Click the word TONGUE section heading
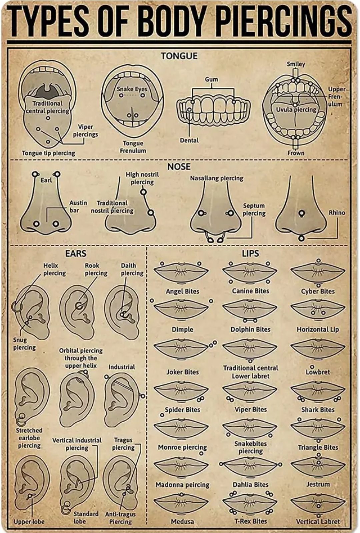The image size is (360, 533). click(x=179, y=56)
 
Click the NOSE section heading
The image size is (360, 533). click(x=179, y=166)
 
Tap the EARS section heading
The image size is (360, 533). click(x=76, y=253)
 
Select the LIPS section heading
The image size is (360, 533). click(x=250, y=253)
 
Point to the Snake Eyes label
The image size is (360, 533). click(x=132, y=89)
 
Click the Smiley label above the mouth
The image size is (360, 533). click(x=296, y=64)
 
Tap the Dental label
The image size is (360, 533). click(x=189, y=140)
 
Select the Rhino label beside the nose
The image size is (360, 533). click(x=337, y=212)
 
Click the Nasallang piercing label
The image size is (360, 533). click(x=217, y=178)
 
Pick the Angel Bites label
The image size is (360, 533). click(x=182, y=291)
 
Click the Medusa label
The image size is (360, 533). click(x=182, y=521)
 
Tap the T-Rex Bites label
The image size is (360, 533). click(x=250, y=521)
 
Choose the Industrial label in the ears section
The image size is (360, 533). click(x=122, y=367)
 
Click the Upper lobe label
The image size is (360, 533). click(x=29, y=522)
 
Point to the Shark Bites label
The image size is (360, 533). click(x=318, y=410)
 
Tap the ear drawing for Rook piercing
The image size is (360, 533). click(x=77, y=312)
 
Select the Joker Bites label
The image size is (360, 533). click(x=182, y=372)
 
